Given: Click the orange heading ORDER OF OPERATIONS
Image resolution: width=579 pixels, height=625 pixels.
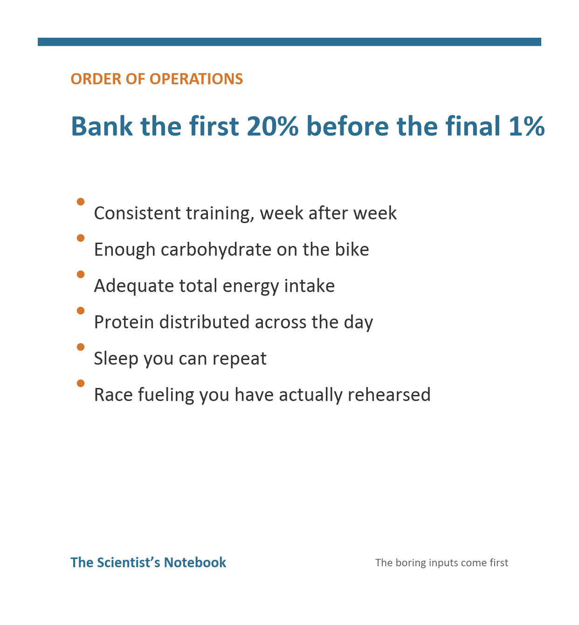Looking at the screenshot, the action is click(157, 79).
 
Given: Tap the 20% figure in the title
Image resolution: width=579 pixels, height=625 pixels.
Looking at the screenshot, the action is click(273, 126).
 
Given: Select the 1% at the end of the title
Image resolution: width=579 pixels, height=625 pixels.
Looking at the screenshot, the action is click(527, 126).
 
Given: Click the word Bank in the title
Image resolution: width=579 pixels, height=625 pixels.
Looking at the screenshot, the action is click(102, 126).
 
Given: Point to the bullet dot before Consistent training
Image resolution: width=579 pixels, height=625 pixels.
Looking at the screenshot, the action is click(81, 201).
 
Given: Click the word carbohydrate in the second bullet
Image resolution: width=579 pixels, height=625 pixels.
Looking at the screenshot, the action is click(216, 250).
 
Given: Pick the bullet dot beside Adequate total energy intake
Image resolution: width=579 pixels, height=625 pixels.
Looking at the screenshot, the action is click(81, 274).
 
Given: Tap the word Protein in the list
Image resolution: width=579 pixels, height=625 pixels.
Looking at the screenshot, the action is click(124, 322).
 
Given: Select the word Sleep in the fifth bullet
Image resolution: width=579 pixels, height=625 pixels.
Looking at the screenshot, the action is click(116, 359).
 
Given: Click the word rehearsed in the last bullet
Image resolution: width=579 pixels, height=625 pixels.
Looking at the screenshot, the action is click(389, 394).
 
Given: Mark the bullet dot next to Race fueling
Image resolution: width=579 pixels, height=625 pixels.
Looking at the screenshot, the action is click(81, 383).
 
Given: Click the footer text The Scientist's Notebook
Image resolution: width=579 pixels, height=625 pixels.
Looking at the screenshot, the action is click(148, 563).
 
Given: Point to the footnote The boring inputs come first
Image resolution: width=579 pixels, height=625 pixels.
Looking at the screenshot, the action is click(441, 563).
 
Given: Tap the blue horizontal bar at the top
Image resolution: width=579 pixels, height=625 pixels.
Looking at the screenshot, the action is click(289, 42).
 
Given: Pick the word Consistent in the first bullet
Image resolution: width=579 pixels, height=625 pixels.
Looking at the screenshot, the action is click(138, 213).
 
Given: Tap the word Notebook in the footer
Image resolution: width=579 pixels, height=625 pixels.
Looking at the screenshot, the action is click(195, 563).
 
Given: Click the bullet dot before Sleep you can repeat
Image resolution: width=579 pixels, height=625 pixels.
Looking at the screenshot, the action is click(81, 347).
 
